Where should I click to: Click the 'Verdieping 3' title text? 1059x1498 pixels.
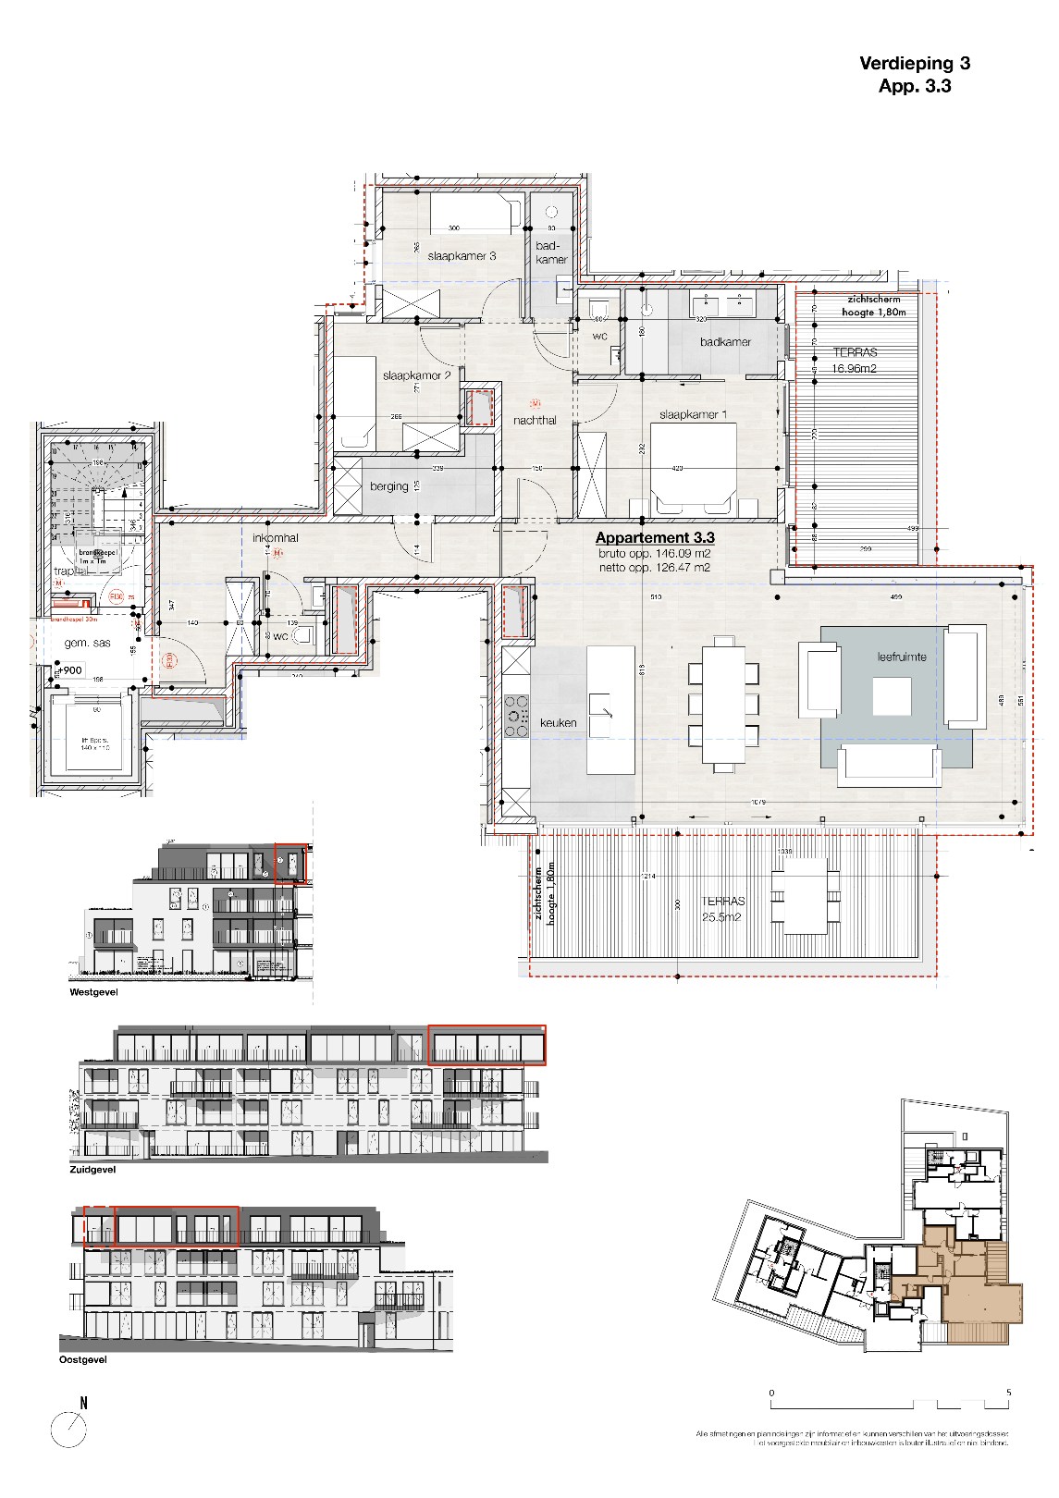click(915, 64)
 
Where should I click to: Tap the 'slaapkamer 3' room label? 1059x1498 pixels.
click(462, 256)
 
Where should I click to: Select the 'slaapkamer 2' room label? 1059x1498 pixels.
click(416, 376)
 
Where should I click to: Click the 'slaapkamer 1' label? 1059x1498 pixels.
click(693, 415)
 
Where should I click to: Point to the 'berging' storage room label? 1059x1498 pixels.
click(388, 486)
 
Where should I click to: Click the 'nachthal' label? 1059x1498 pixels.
click(535, 421)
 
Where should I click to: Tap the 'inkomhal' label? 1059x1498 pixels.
click(276, 537)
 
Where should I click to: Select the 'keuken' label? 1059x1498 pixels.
click(559, 723)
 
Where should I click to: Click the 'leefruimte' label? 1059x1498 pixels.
click(902, 657)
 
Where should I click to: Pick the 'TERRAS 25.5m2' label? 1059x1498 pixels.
click(722, 909)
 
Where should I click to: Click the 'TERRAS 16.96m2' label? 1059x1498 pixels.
click(854, 361)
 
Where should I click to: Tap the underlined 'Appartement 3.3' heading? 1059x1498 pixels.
click(654, 538)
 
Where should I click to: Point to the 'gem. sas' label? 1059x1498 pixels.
click(87, 643)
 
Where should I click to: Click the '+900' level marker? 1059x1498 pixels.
click(70, 670)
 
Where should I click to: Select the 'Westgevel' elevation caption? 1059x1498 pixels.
click(93, 992)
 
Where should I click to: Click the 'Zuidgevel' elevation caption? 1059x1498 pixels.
click(92, 1170)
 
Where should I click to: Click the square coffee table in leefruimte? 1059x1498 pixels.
click(891, 696)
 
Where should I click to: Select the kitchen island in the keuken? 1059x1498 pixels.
click(611, 710)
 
